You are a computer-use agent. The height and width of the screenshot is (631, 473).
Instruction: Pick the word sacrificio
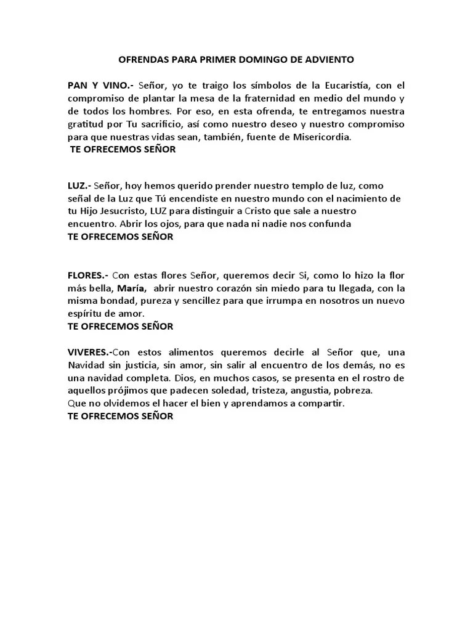pyautogui.click(x=157, y=124)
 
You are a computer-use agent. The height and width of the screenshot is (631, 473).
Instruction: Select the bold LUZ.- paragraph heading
pyautogui.click(x=79, y=185)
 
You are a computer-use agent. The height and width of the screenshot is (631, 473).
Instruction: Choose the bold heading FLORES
pyautogui.click(x=87, y=275)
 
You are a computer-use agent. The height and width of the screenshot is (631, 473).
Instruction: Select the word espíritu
pyautogui.click(x=85, y=314)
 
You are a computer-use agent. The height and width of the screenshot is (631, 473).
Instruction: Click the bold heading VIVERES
pyautogui.click(x=90, y=352)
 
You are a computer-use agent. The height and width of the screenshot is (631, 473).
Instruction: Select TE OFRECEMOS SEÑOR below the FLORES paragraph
pyautogui.click(x=120, y=327)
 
